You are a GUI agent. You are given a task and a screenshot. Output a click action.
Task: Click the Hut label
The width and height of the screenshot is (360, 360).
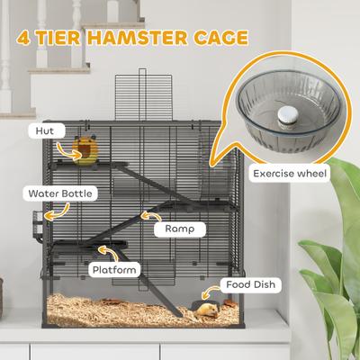pos(45,130)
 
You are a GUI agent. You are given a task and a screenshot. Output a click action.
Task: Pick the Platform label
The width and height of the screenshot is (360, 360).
pos(113,269)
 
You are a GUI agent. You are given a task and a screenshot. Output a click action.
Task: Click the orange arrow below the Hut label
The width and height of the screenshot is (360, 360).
pos(60,144)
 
